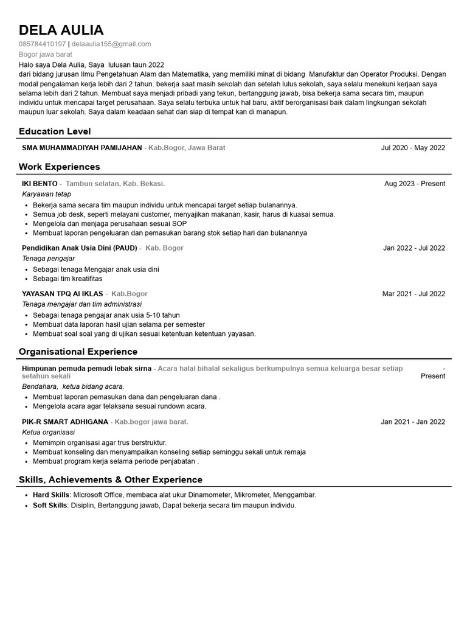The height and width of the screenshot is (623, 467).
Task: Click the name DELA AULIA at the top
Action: [x=61, y=30]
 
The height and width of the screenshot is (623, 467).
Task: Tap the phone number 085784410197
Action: [x=42, y=44]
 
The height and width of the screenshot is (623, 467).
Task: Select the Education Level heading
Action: [x=55, y=131]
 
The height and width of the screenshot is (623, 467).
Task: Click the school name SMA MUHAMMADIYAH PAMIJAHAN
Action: [x=81, y=148]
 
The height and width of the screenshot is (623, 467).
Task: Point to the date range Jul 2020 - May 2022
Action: [x=413, y=148]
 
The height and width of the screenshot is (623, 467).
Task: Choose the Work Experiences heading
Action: [x=59, y=167]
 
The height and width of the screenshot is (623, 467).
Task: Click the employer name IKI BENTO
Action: [x=40, y=184]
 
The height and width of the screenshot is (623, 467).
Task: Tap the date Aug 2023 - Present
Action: [x=415, y=184]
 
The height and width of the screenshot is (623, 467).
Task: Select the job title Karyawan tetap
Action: [x=46, y=194]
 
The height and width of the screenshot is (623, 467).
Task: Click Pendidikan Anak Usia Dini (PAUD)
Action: [x=80, y=248]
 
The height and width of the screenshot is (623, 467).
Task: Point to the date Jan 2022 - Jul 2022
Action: [x=414, y=248]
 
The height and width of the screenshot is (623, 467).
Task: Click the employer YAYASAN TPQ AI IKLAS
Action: [x=63, y=294]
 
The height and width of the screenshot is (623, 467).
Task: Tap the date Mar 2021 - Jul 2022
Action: [x=413, y=294]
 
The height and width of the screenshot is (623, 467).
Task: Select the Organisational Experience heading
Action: [x=78, y=352]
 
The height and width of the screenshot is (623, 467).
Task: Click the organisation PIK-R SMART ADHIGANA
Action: [x=65, y=422]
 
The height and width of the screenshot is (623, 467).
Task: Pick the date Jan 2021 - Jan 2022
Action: [x=413, y=422]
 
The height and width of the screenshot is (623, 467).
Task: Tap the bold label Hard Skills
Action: [x=50, y=495]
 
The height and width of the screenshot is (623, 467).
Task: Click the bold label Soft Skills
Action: [x=50, y=506]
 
